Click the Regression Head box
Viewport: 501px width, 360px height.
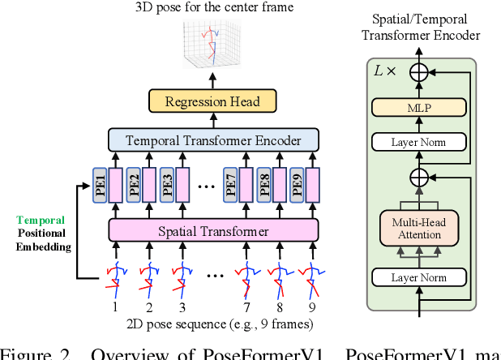click(x=212, y=101)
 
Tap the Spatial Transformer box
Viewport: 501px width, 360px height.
click(x=212, y=231)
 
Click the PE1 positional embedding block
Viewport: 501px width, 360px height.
click(x=100, y=186)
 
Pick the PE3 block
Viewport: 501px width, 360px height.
click(x=165, y=186)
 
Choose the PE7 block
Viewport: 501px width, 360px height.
click(x=230, y=186)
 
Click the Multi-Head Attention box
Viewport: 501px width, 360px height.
click(x=419, y=229)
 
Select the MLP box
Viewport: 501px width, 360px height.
click(x=419, y=107)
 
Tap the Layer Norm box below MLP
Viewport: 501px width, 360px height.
click(x=419, y=142)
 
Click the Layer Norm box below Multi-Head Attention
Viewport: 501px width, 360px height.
click(x=419, y=277)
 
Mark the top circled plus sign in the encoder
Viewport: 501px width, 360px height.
click(x=419, y=72)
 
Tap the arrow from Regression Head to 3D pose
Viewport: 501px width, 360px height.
click(x=212, y=79)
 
